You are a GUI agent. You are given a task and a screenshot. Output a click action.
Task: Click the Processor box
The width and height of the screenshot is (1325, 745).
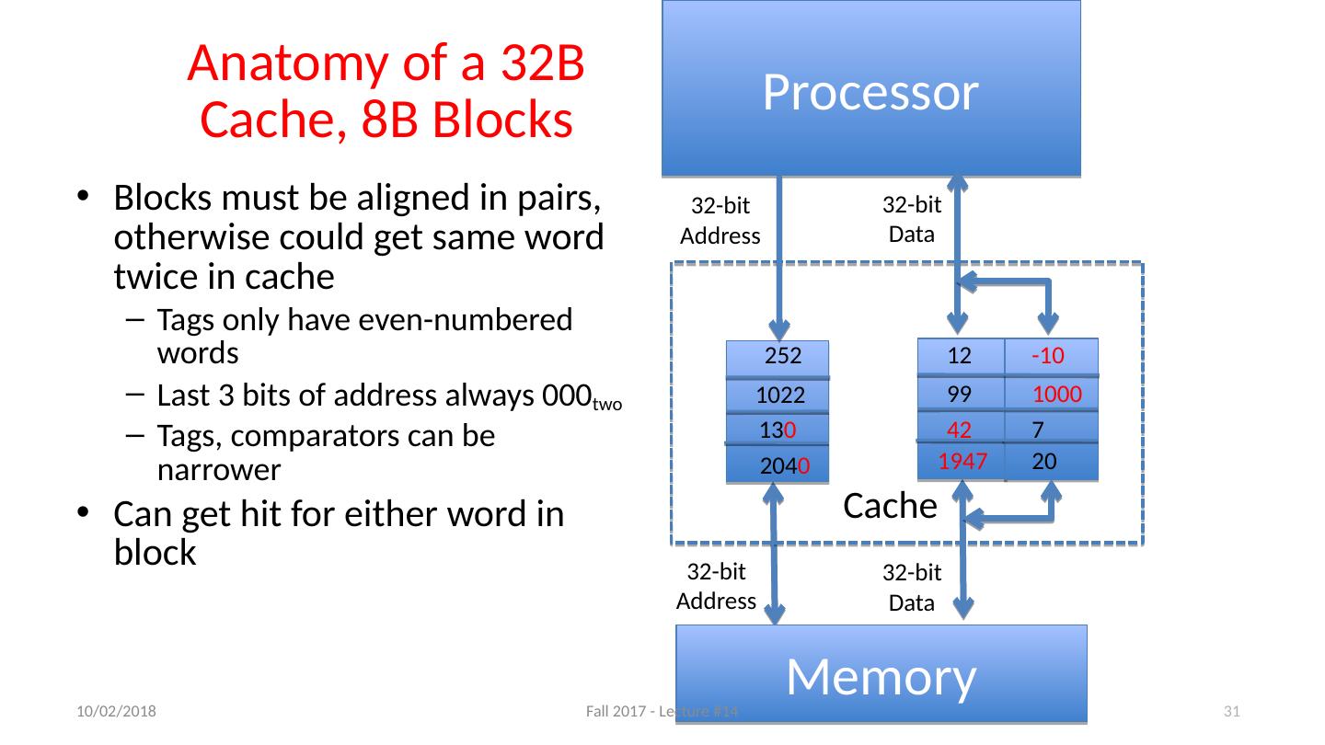[x=870, y=89]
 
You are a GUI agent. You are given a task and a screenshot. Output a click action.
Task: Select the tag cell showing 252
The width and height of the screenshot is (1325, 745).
[x=778, y=358]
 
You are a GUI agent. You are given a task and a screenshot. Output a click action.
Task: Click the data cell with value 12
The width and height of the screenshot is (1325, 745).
[x=960, y=356]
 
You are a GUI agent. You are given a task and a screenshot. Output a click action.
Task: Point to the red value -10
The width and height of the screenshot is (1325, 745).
[x=1049, y=356]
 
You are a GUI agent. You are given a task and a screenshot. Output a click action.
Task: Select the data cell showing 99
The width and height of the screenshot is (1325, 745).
[x=960, y=395]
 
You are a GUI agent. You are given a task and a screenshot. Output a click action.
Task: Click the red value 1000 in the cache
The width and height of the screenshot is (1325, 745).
[x=1056, y=395]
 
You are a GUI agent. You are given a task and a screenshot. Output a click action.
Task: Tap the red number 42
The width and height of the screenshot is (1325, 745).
[x=960, y=429]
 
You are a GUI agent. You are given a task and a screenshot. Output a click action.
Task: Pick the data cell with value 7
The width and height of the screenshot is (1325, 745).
[x=1038, y=429]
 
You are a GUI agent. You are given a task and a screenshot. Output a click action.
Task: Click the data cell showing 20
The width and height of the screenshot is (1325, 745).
[x=1043, y=462]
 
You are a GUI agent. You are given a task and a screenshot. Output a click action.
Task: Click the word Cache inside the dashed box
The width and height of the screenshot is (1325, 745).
[x=890, y=505]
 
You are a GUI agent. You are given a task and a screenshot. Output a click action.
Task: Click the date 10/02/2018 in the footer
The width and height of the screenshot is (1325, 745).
[x=115, y=711]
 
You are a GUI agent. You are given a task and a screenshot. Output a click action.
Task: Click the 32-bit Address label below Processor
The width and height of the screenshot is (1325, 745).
[x=720, y=222]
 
